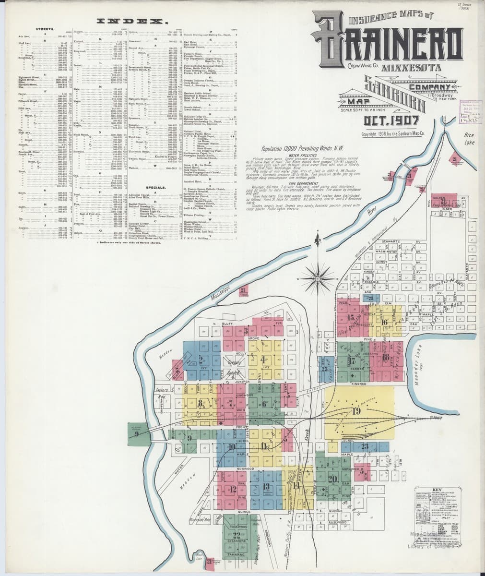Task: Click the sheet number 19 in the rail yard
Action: point(356,411)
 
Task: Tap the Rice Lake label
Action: point(468,139)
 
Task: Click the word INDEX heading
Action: point(132,22)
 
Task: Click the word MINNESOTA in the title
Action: point(411,68)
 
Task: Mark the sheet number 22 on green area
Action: point(236,535)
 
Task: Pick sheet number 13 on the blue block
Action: point(266,486)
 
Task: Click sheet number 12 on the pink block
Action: point(233,489)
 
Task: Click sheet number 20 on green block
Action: point(332,479)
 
